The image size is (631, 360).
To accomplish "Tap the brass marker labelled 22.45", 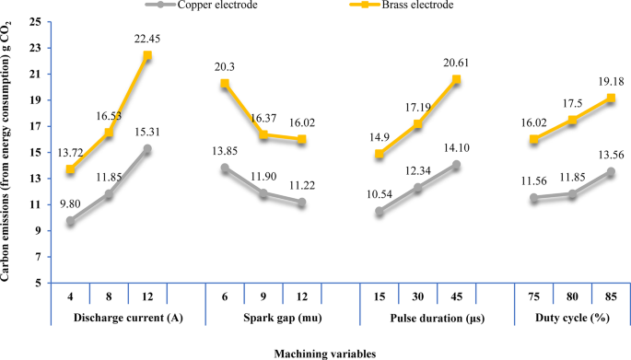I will [147, 55].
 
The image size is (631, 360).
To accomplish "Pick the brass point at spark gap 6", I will [224, 84].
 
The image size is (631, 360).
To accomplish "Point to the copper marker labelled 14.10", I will [455, 165].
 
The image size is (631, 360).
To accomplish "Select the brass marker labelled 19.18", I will [610, 99].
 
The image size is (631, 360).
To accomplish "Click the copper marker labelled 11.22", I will [301, 203].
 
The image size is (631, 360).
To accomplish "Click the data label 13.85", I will [225, 150].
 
